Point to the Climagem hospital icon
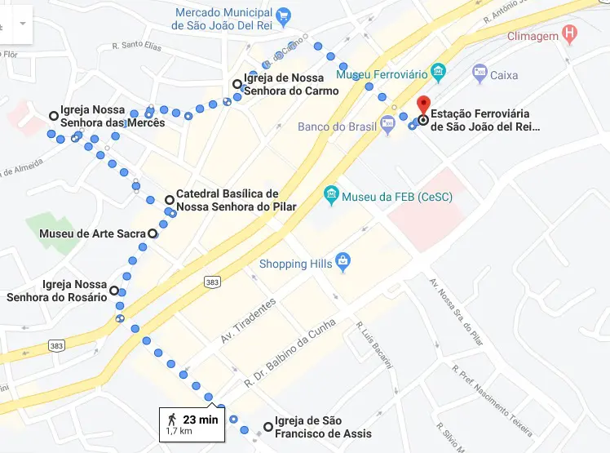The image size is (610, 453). [x=570, y=35]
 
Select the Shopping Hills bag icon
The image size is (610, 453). [x=343, y=263]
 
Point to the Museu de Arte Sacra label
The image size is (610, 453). [x=92, y=233]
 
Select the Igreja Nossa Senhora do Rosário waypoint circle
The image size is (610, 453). [x=113, y=291]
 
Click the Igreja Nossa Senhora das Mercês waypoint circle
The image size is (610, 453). [x=54, y=115]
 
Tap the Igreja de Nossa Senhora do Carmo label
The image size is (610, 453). [x=290, y=85]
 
